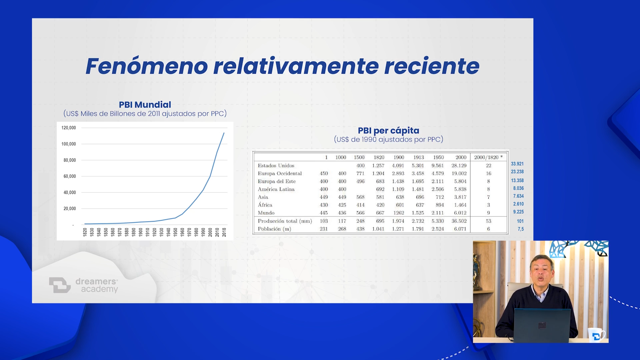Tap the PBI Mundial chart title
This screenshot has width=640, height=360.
(x=145, y=105)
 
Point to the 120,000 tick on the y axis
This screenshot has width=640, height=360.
(x=69, y=128)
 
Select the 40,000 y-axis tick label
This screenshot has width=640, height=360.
(x=70, y=192)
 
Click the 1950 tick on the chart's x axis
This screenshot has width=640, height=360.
(x=175, y=232)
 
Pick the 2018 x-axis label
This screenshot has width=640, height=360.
(x=224, y=232)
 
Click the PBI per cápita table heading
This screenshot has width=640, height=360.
(x=389, y=131)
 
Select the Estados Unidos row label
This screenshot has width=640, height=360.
(x=276, y=166)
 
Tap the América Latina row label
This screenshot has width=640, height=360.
(x=276, y=189)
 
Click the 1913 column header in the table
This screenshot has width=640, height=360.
(x=419, y=157)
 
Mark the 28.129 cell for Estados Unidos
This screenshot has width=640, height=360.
(x=459, y=166)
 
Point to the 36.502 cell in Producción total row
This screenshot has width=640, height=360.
(x=459, y=221)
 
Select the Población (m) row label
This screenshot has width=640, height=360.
(x=274, y=229)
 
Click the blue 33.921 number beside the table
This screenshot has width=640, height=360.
(x=517, y=164)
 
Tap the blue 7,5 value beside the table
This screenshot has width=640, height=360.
(x=521, y=229)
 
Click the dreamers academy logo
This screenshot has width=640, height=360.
(x=83, y=285)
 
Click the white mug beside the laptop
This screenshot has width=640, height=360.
(x=596, y=334)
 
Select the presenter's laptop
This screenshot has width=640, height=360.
(x=542, y=325)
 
